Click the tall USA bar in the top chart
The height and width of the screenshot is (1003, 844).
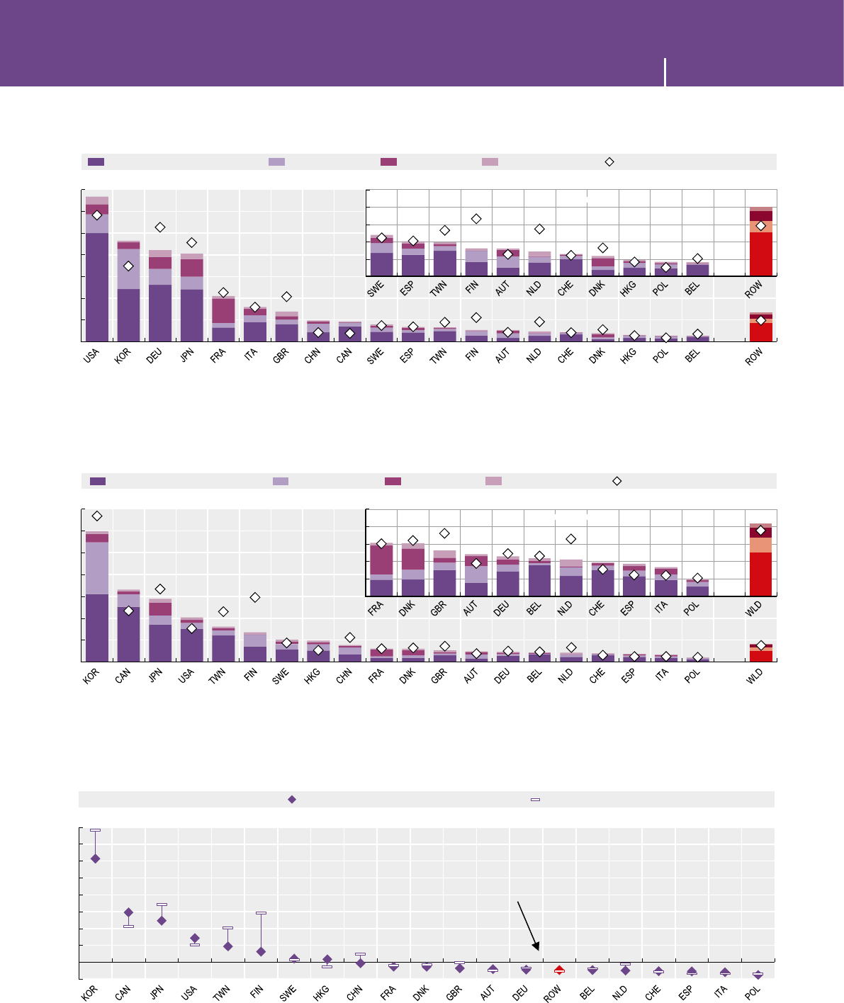tap(97, 276)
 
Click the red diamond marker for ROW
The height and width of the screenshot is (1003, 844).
tap(559, 970)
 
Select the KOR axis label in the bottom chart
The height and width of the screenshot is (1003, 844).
tap(89, 993)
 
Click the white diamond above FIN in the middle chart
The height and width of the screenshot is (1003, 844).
tap(255, 598)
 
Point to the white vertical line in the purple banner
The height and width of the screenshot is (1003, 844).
tap(665, 72)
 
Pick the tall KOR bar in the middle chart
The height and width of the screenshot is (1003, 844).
tap(97, 602)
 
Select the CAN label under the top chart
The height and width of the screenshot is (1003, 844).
tap(344, 356)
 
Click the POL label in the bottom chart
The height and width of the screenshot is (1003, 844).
tap(753, 992)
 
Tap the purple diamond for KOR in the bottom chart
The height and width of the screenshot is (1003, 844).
tap(96, 858)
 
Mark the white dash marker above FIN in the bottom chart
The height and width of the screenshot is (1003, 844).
tap(261, 913)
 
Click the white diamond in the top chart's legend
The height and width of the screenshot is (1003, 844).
tap(609, 162)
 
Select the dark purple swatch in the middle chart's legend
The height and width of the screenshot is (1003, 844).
tap(98, 481)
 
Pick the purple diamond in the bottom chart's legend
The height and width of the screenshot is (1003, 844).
tap(291, 799)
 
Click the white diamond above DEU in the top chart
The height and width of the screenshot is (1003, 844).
tap(161, 227)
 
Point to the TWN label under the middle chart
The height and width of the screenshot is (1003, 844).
tap(218, 674)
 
